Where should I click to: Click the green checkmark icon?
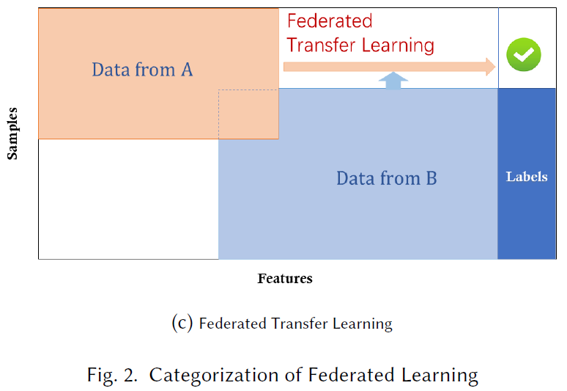524,54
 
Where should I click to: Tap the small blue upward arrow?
394,80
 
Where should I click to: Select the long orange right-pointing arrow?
388,67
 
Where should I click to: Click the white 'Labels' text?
527,177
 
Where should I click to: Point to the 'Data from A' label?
142,70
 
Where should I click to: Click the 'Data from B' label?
386,178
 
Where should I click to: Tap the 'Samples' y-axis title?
12,133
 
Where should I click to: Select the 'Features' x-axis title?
285,279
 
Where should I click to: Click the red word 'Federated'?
330,21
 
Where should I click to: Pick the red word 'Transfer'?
320,45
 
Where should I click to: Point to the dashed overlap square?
248,114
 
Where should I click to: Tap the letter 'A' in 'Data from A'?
186,70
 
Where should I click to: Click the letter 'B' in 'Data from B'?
431,178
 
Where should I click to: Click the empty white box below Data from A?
128,199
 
